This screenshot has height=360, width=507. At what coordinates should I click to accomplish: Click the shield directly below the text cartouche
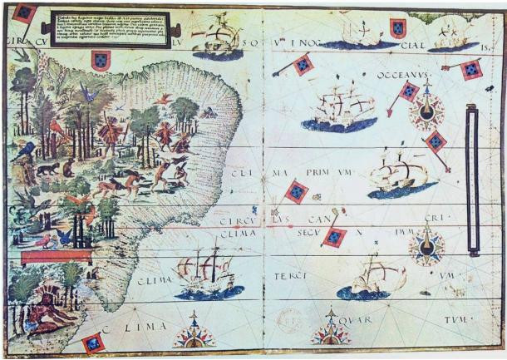(101, 61)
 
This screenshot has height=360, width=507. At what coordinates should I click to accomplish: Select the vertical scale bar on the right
(472, 179)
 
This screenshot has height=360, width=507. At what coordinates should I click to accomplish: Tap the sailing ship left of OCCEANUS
(338, 110)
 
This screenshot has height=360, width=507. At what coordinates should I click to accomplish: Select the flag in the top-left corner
(24, 13)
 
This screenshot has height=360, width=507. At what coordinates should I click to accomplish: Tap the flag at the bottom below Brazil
(92, 343)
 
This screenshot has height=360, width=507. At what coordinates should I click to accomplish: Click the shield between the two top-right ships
(398, 29)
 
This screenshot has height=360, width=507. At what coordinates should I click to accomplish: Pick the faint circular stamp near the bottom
(288, 321)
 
